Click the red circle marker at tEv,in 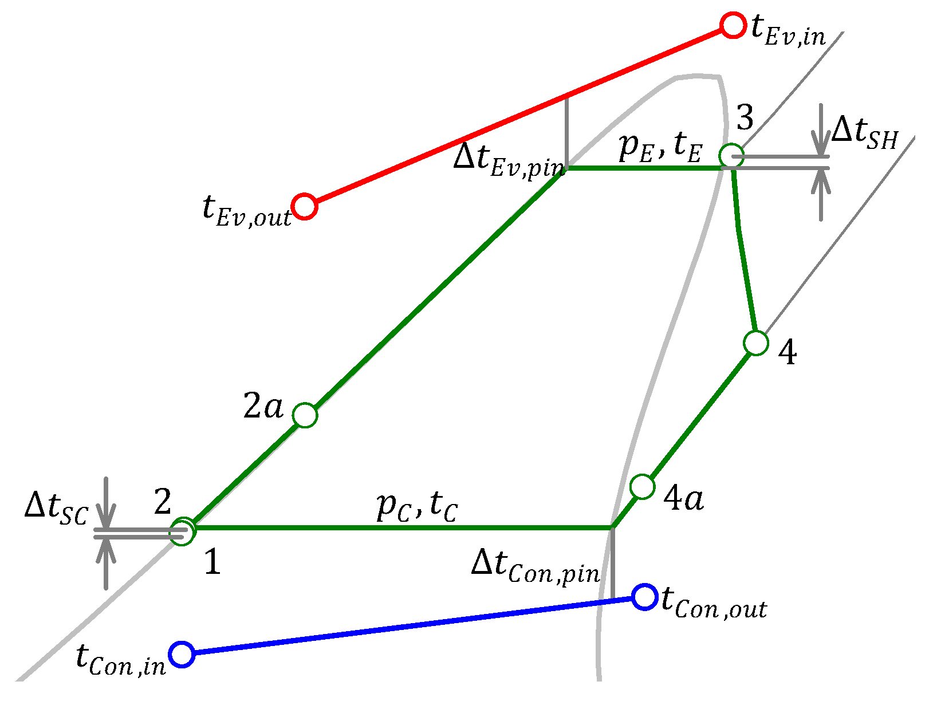point(732,26)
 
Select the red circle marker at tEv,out point(304,206)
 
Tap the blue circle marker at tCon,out point(644,597)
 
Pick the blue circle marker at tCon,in point(182,654)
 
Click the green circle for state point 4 point(756,343)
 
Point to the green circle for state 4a point(642,487)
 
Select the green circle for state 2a point(305,415)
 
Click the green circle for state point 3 point(731,155)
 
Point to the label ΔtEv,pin point(509,160)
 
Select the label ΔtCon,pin point(535,566)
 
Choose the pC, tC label point(417,506)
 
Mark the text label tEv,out point(247,211)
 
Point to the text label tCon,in point(121,660)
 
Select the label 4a point(683,498)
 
